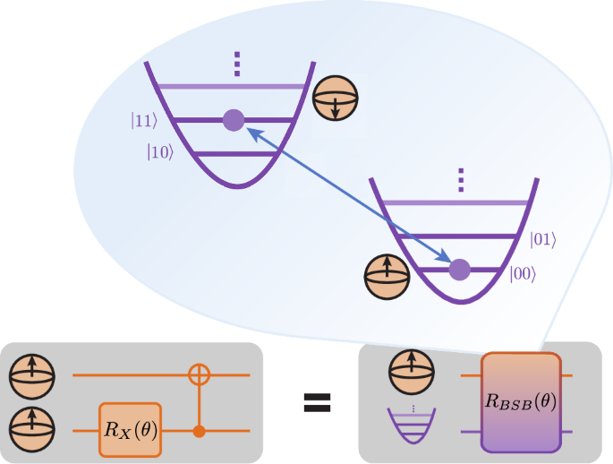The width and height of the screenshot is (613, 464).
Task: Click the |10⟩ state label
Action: pyautogui.click(x=160, y=152)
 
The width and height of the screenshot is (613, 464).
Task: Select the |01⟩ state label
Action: pyautogui.click(x=543, y=238)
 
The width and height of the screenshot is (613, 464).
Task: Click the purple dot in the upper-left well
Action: pyautogui.click(x=234, y=119)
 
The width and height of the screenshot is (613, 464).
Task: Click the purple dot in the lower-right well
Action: pyautogui.click(x=459, y=268)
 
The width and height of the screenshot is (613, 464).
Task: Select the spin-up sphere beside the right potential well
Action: pyautogui.click(x=387, y=275)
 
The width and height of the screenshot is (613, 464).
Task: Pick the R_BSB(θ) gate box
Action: pyautogui.click(x=521, y=401)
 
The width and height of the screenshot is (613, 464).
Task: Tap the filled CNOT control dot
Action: pyautogui.click(x=199, y=431)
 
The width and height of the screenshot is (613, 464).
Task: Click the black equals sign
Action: pyautogui.click(x=314, y=403)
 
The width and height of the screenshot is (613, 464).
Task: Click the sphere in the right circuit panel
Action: pyautogui.click(x=411, y=369)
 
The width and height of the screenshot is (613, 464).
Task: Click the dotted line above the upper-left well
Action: pyautogui.click(x=237, y=65)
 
